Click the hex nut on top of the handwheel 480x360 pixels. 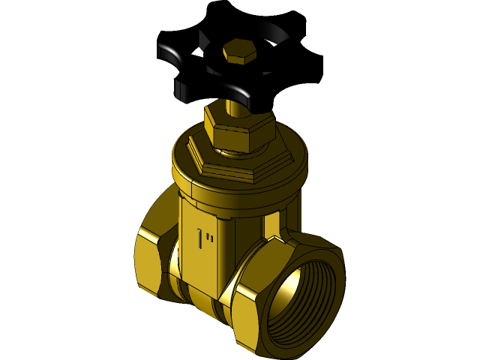click(x=239, y=52)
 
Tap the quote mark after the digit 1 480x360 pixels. click(x=212, y=235)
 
